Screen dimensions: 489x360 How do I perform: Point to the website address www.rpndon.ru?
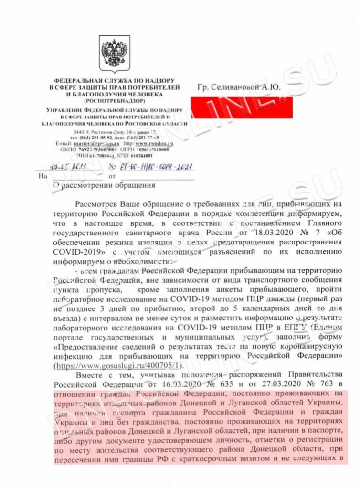[x=154, y=143]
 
